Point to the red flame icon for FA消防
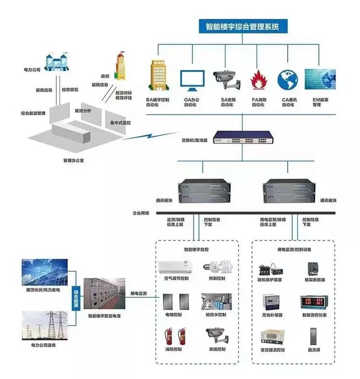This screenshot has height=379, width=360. (x=258, y=79)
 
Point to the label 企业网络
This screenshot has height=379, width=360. (x=141, y=212)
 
